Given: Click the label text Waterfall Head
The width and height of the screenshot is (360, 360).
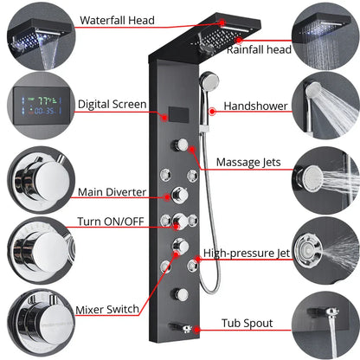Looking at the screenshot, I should click(x=117, y=19).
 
